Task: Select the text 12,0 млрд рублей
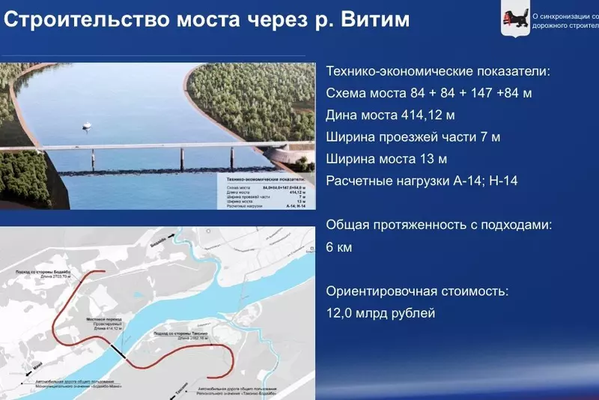click(x=380, y=313)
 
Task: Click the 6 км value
click(x=339, y=246)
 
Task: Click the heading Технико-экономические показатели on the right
click(x=438, y=72)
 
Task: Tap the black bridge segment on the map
click(x=118, y=350)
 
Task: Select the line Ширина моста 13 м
click(x=386, y=159)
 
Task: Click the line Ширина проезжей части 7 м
click(x=413, y=137)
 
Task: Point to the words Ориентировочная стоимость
click(x=417, y=291)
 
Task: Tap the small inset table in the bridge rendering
click(x=265, y=192)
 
